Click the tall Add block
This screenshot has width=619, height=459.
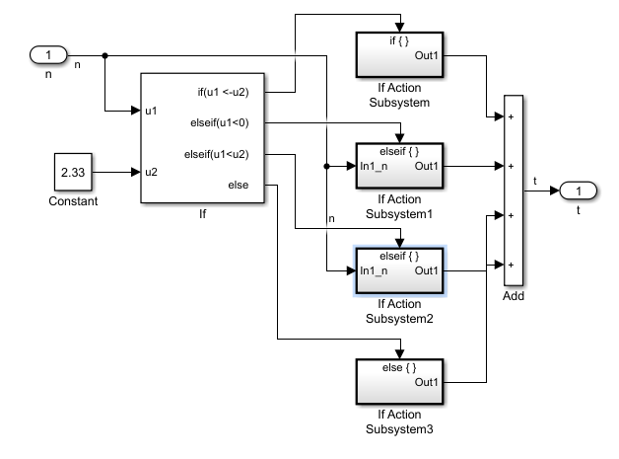tap(514, 191)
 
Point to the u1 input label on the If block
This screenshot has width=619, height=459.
tap(151, 111)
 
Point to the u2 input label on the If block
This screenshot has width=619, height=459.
tap(151, 172)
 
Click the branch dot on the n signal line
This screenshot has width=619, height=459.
tap(104, 55)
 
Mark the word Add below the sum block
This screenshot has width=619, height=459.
tap(514, 297)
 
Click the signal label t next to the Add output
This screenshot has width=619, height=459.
tap(535, 181)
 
